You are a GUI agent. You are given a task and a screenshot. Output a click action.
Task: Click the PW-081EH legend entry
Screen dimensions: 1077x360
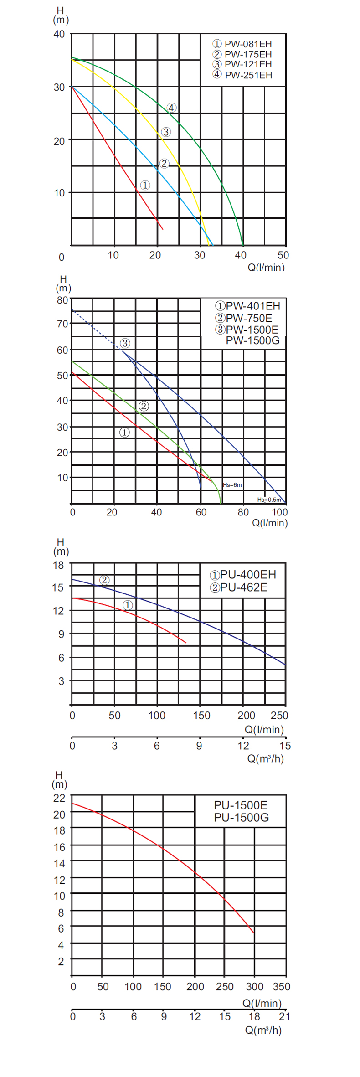(242, 44)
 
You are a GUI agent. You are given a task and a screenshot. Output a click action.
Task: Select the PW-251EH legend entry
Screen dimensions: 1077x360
(242, 75)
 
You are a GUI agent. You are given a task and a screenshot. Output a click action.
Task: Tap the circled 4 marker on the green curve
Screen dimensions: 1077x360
(171, 108)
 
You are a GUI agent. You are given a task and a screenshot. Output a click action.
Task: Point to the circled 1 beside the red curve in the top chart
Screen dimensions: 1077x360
(145, 185)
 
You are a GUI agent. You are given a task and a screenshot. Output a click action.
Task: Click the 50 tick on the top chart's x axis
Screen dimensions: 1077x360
(283, 255)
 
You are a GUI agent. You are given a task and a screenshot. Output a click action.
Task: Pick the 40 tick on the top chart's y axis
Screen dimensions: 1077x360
(59, 35)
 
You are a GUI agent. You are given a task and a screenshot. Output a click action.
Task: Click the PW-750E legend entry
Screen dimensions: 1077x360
(244, 318)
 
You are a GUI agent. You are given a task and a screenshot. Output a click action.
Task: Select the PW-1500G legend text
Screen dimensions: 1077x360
(252, 340)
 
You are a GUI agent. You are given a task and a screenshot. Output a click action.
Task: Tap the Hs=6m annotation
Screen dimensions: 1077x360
(232, 485)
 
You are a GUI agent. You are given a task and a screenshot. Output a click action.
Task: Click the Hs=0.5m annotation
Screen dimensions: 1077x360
(269, 500)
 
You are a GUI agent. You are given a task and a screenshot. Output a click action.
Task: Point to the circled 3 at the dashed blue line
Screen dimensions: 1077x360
(125, 343)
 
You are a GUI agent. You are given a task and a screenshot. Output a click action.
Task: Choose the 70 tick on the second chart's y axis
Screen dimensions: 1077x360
(62, 324)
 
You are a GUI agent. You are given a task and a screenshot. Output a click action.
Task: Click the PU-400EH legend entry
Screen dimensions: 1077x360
(243, 575)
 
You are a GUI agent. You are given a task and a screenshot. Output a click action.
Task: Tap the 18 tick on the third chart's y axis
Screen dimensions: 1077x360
(59, 565)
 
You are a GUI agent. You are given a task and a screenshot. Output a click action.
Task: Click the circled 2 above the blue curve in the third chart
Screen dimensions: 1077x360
(104, 580)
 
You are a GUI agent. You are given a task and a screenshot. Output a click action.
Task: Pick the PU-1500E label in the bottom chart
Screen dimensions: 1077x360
(241, 805)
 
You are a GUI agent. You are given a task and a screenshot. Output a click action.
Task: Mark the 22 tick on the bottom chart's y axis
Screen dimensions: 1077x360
(59, 798)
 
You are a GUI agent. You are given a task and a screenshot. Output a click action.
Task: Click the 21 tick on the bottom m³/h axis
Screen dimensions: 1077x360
(284, 1016)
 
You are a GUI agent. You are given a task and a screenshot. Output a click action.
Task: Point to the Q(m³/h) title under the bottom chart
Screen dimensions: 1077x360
(263, 1030)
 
